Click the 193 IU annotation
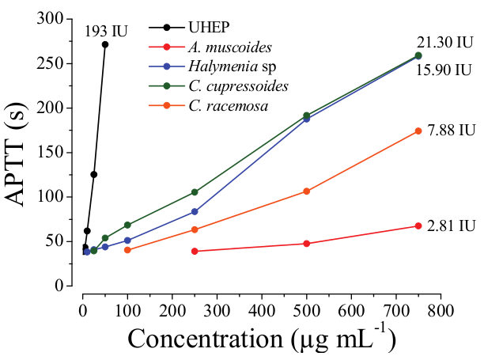pyautogui.click(x=106, y=32)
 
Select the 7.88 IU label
pyautogui.click(x=451, y=129)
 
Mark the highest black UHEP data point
pyautogui.click(x=105, y=44)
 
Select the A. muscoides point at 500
pyautogui.click(x=306, y=244)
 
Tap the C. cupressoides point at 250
pyautogui.click(x=195, y=192)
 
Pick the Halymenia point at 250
pyautogui.click(x=195, y=211)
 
